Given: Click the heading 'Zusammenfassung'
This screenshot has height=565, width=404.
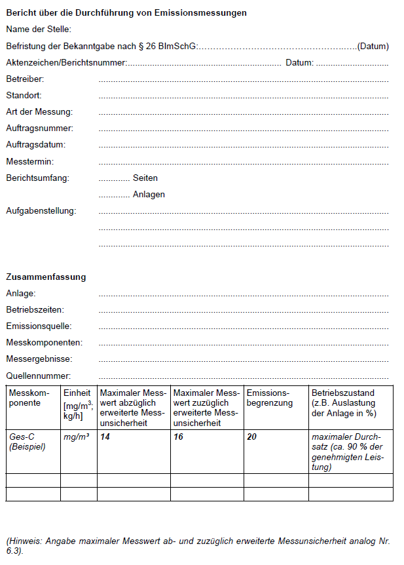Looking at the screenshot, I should [46, 277].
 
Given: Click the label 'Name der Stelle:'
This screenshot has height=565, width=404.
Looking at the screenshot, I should [39, 29].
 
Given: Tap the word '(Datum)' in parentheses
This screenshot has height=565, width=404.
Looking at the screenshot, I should [373, 47].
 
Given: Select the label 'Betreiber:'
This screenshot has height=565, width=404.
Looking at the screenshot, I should [25, 79].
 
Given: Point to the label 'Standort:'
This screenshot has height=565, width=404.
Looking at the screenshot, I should [24, 96].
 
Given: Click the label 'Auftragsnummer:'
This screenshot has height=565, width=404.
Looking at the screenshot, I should [39, 128].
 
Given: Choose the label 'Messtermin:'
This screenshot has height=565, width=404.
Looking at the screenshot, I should [29, 161].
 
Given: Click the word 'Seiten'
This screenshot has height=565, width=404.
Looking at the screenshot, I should [145, 178].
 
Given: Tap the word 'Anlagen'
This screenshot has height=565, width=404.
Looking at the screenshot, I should [149, 195].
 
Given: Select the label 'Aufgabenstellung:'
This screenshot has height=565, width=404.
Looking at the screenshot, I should [41, 211].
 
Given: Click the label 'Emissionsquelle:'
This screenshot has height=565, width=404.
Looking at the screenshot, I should [39, 326].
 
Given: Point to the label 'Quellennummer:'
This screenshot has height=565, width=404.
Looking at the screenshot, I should [38, 376].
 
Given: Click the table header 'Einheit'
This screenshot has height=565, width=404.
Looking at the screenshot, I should [77, 393].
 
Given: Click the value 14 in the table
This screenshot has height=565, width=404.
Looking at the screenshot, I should [105, 437].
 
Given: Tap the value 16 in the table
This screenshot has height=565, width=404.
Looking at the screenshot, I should [179, 437].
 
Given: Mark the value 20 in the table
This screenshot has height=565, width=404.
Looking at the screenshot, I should [252, 437].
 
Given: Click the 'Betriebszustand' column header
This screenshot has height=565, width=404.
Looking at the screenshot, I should [343, 393].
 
